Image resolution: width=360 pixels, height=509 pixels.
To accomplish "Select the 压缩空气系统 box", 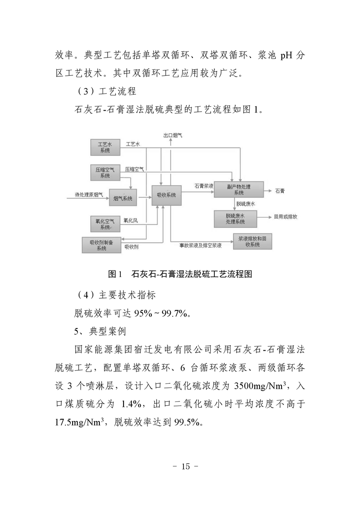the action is pyautogui.click(x=105, y=173).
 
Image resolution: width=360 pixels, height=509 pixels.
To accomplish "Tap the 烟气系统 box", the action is pyautogui.click(x=123, y=197).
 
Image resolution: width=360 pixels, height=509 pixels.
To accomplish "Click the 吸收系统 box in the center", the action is pyautogui.click(x=166, y=195).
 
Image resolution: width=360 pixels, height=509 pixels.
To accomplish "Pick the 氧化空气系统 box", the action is pyautogui.click(x=105, y=224).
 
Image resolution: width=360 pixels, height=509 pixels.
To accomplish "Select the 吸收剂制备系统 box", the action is pyautogui.click(x=101, y=245).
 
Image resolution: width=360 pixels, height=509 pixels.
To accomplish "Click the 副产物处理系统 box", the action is pyautogui.click(x=239, y=190).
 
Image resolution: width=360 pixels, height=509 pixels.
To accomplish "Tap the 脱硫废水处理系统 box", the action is pyautogui.click(x=235, y=219).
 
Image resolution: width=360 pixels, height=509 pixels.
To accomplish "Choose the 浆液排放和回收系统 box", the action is pyautogui.click(x=252, y=241).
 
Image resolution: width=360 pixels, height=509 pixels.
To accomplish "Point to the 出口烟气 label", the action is pyautogui.click(x=173, y=135).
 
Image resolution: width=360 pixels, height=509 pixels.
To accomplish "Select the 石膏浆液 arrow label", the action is pyautogui.click(x=204, y=186).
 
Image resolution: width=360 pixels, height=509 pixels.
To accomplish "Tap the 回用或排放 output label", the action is pyautogui.click(x=286, y=216).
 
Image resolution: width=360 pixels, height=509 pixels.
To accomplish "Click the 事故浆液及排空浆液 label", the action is pyautogui.click(x=201, y=246).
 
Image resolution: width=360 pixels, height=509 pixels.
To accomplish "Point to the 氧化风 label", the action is pyautogui.click(x=131, y=220).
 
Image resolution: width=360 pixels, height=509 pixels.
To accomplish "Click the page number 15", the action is pyautogui.click(x=186, y=466).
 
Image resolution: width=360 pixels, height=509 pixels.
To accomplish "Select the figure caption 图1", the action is pyautogui.click(x=115, y=274).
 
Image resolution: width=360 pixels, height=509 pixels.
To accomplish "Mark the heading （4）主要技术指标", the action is pyautogui.click(x=115, y=295).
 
